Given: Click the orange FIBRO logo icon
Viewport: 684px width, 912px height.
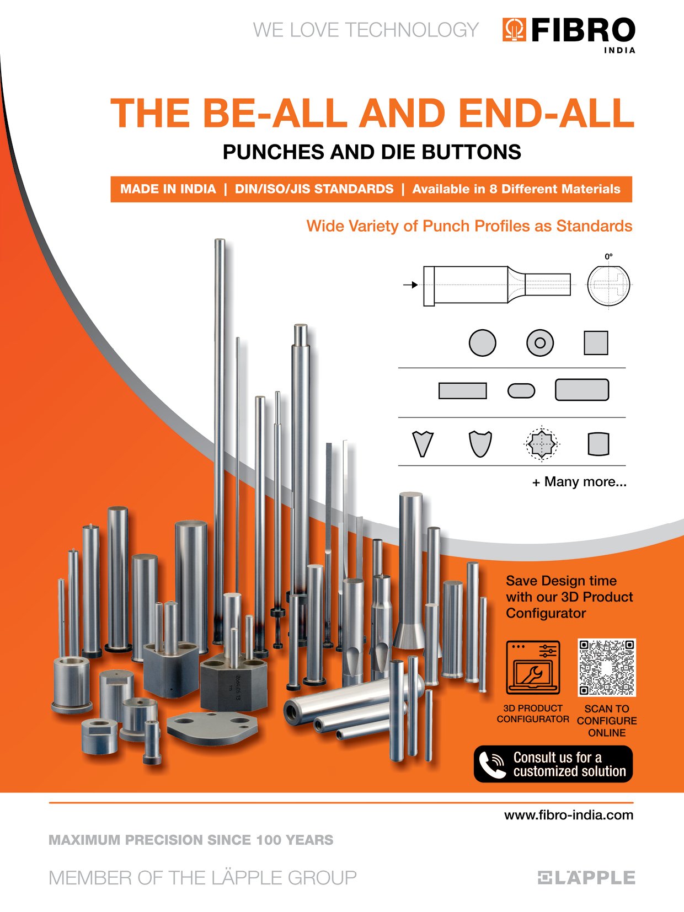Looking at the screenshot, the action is pos(514,30).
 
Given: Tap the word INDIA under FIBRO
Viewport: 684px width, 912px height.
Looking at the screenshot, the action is pos(619,50).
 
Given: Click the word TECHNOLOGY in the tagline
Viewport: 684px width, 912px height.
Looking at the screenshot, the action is pos(412,30).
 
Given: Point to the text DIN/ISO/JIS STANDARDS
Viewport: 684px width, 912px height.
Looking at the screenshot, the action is pos(314,189).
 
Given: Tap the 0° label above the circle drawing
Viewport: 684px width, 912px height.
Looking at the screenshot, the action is pos(608,256).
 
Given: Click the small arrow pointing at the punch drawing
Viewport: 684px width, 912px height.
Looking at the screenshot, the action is pos(410,285).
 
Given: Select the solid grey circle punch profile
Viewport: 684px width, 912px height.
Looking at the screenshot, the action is pos(483,343).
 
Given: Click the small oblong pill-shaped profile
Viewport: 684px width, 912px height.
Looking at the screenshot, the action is pos(521,390).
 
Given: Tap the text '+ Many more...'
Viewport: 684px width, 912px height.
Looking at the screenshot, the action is pos(579,482).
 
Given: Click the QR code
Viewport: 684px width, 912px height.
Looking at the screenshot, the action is pos(607,668).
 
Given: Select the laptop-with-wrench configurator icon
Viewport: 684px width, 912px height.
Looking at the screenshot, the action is pos(533,668).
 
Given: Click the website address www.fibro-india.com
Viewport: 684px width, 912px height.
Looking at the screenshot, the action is pos(569,815).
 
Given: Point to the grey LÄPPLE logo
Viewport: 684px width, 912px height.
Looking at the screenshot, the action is pos(586,877).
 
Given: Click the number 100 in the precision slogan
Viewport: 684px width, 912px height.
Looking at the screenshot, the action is pos(269,840).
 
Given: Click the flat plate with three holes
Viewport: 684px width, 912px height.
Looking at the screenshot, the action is pos(212,728).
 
